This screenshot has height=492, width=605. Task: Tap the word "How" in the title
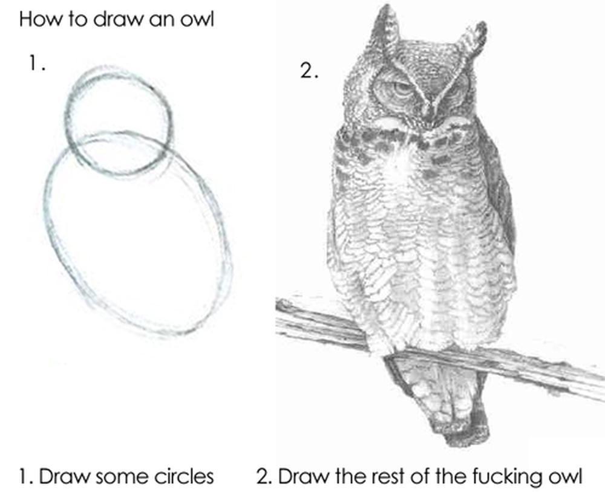pos(35,19)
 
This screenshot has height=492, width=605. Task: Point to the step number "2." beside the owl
pos(309,71)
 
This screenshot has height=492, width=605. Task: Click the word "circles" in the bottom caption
pos(183,476)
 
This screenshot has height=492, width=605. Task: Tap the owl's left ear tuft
pos(385,27)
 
